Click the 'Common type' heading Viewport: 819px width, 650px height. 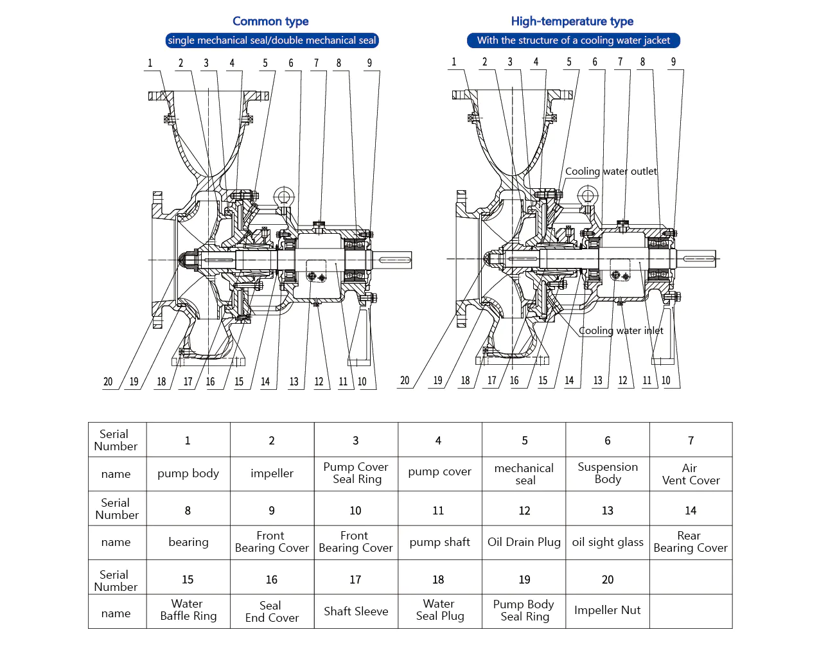point(270,21)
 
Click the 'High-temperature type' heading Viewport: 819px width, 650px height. point(572,21)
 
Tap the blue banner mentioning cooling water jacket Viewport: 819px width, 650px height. point(573,40)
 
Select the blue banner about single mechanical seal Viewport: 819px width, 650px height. point(272,40)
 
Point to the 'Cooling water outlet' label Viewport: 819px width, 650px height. point(610,171)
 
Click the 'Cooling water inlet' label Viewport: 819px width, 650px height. point(621,331)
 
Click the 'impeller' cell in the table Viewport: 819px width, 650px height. point(272,473)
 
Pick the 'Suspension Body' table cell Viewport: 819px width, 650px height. point(607,473)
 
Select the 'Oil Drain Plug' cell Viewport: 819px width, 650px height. point(524,542)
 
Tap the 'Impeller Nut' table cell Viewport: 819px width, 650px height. point(607,610)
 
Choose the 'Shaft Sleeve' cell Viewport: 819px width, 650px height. point(356,611)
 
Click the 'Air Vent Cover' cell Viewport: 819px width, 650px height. point(691,474)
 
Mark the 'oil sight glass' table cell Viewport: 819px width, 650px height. point(607,542)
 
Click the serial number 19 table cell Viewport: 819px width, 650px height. point(524,579)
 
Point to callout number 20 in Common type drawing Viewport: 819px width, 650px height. point(108,382)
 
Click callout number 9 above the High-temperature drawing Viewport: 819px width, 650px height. point(673,62)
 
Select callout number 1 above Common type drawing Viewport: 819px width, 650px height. point(150,63)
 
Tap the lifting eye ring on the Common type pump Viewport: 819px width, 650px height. point(283,196)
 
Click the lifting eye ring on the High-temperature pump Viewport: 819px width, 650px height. point(587,195)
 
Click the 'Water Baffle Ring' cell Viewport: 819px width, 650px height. point(188,610)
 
